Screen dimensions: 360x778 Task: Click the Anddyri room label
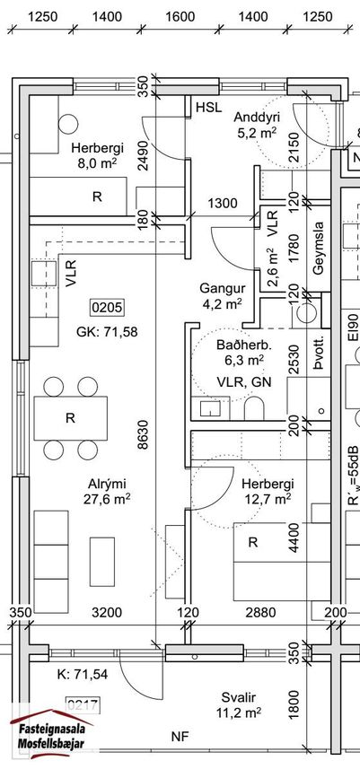tap(257, 118)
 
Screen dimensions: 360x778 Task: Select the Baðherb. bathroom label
tap(240, 345)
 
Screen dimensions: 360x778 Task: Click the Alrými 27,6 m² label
tap(107, 484)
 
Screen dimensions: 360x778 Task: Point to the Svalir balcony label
tap(239, 698)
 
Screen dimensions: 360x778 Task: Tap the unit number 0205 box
tap(107, 308)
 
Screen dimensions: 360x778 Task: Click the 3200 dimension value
tap(107, 613)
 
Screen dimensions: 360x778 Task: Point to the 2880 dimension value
tap(260, 613)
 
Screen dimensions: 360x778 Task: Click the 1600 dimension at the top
tap(180, 17)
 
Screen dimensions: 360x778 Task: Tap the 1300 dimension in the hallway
tap(222, 203)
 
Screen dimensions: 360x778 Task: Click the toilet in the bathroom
tap(254, 406)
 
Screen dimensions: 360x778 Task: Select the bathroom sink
tap(210, 408)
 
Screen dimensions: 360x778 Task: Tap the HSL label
tap(208, 107)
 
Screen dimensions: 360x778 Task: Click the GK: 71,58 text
tap(107, 331)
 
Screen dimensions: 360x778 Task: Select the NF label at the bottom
tap(180, 737)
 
